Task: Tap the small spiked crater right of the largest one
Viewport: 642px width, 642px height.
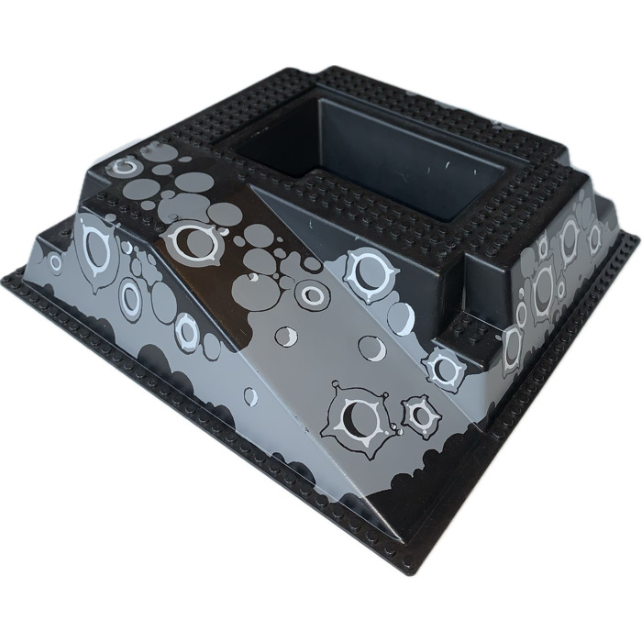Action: pyautogui.click(x=420, y=415)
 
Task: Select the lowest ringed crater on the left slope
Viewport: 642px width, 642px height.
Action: pyautogui.click(x=187, y=327)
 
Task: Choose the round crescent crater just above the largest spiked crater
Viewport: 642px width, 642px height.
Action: pyautogui.click(x=371, y=348)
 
